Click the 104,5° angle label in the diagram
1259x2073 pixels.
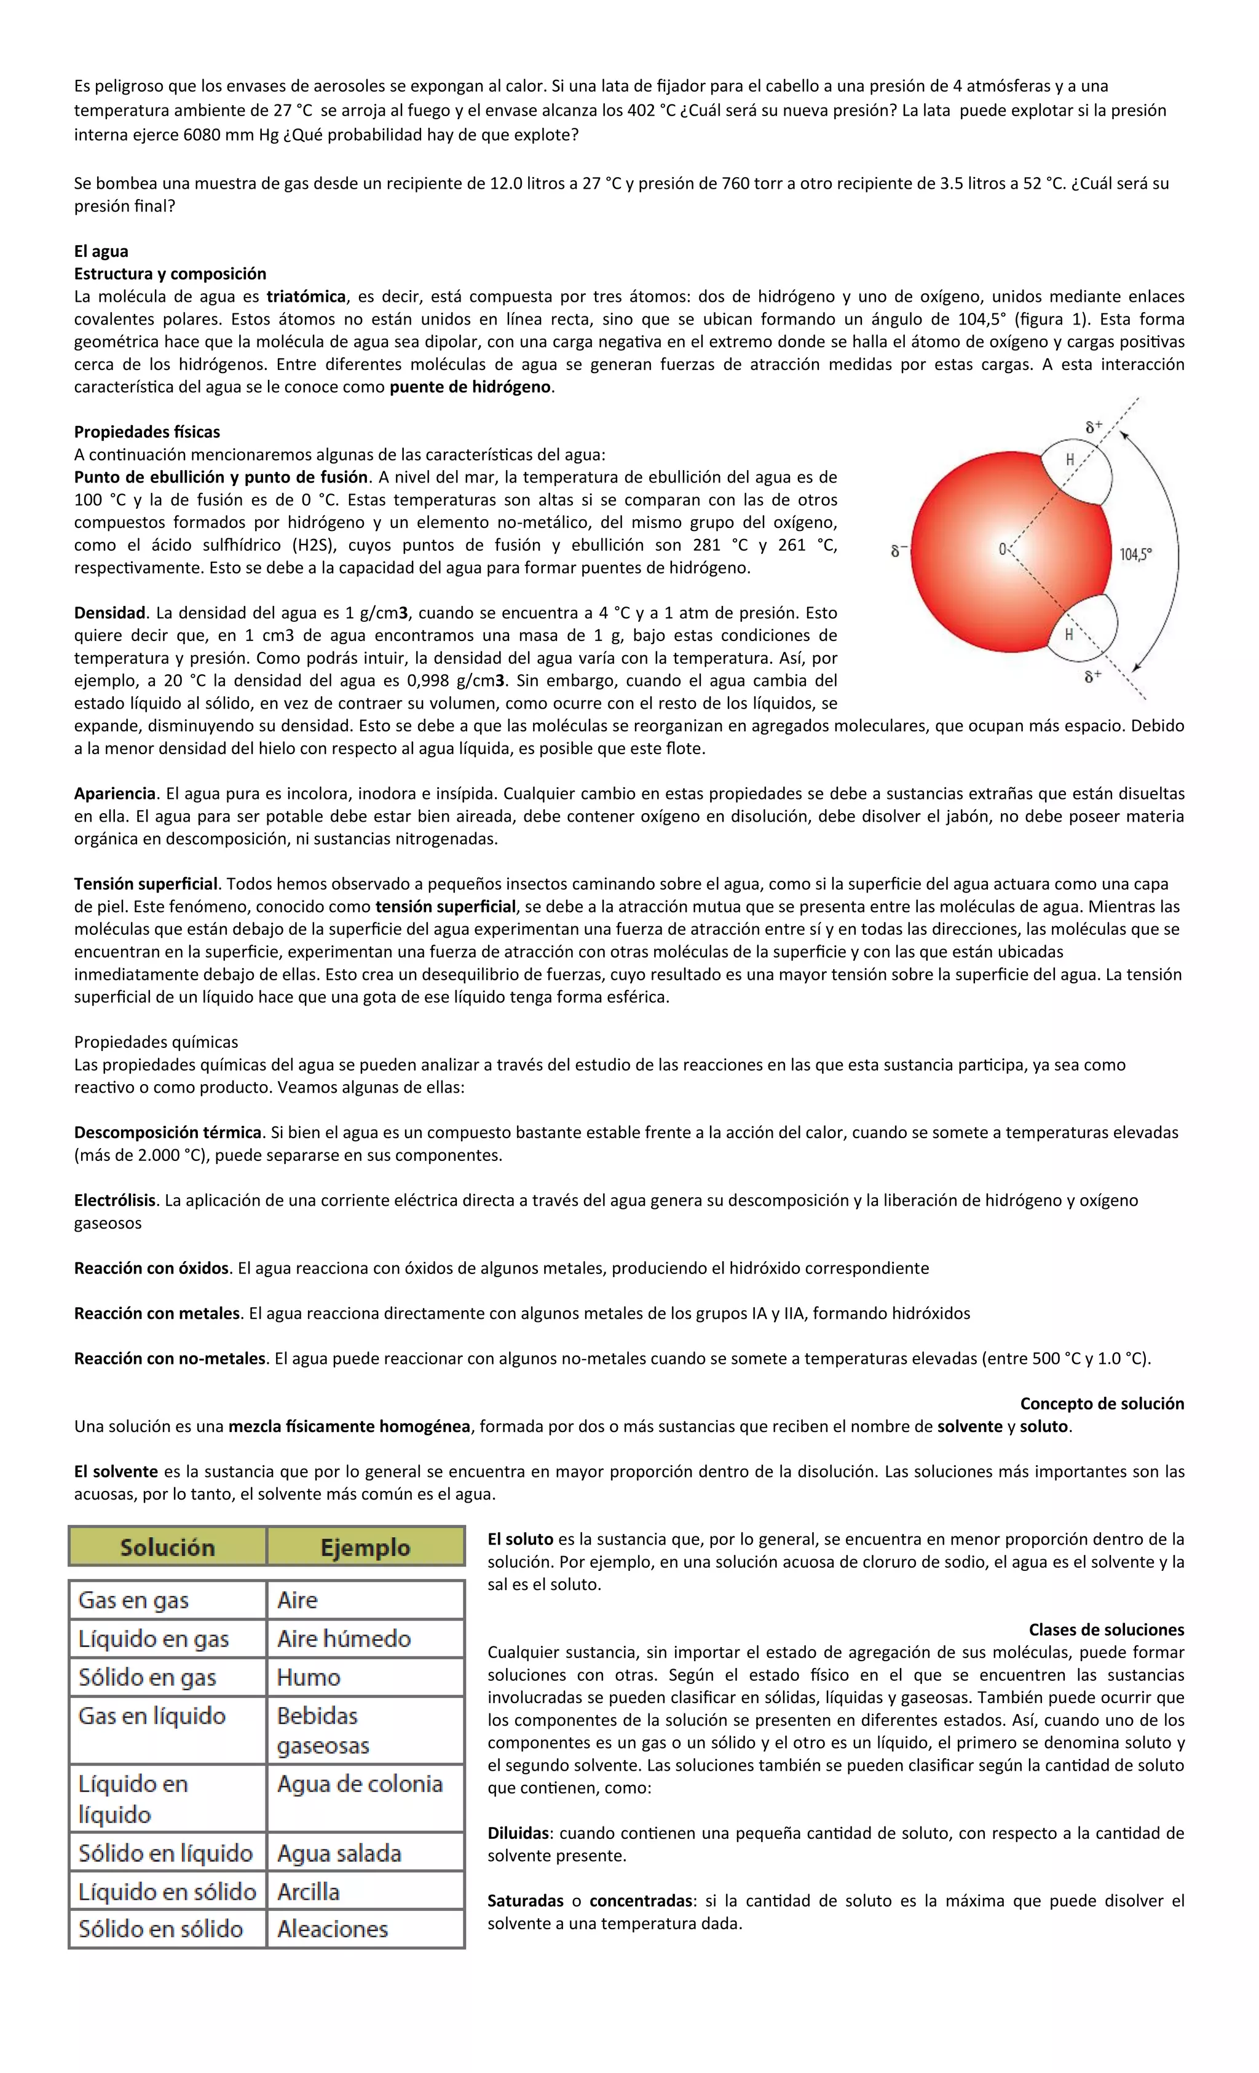pyautogui.click(x=1135, y=554)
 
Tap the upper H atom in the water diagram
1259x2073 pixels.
pyautogui.click(x=1070, y=459)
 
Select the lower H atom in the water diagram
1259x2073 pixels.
pyautogui.click(x=1069, y=634)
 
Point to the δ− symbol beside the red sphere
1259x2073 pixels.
pyautogui.click(x=899, y=552)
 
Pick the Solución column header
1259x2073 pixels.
pyautogui.click(x=167, y=1547)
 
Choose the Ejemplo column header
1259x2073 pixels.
pyautogui.click(x=365, y=1547)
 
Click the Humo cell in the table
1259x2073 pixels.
pyautogui.click(x=309, y=1677)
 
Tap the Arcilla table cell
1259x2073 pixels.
pyautogui.click(x=309, y=1891)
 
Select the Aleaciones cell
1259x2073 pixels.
pyautogui.click(x=333, y=1929)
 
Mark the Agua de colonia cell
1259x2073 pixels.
pyautogui.click(x=360, y=1784)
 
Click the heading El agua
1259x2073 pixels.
pyautogui.click(x=101, y=251)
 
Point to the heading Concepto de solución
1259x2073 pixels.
pyautogui.click(x=1101, y=1403)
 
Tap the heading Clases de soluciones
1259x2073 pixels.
pyautogui.click(x=1106, y=1629)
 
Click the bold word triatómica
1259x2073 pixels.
pyautogui.click(x=306, y=296)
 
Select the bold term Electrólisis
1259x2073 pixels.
pyautogui.click(x=116, y=1200)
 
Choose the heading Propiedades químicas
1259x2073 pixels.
pyautogui.click(x=156, y=1042)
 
